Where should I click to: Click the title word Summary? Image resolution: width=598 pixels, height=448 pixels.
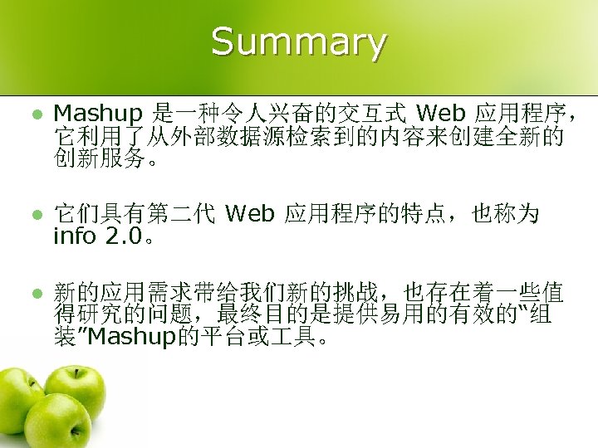298,41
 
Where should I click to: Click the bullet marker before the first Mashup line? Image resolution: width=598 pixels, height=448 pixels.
27,112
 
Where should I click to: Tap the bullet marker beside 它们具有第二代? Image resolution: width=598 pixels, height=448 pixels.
27,215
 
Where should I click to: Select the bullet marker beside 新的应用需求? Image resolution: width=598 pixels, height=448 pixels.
27,292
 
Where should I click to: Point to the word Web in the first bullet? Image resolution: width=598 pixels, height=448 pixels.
438,112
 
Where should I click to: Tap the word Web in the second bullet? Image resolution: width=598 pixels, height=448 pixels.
249,215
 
